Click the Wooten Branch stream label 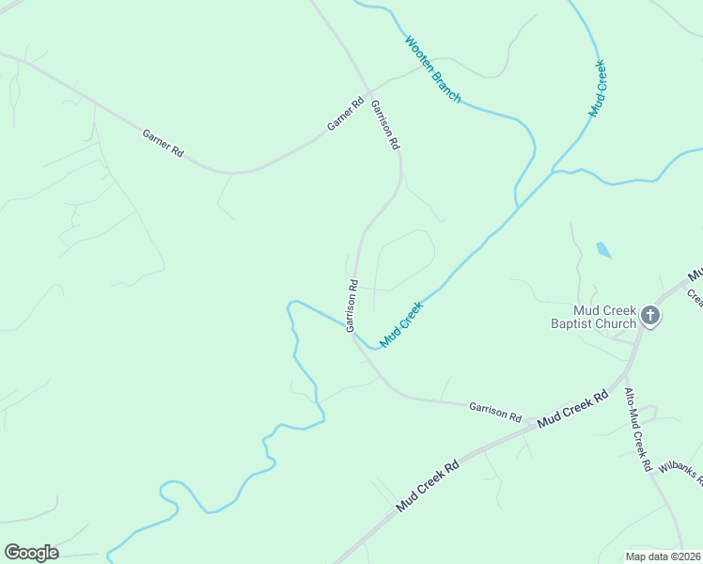pyautogui.click(x=432, y=69)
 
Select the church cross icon pyautogui.click(x=651, y=318)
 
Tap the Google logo pyautogui.click(x=31, y=553)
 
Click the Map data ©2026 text pyautogui.click(x=664, y=556)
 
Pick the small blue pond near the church pyautogui.click(x=602, y=250)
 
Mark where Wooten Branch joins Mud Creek pyautogui.click(x=518, y=206)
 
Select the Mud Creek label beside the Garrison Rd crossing pyautogui.click(x=402, y=322)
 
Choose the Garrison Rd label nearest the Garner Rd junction pyautogui.click(x=385, y=125)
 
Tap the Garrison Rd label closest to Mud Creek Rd pyautogui.click(x=495, y=410)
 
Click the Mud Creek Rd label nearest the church pyautogui.click(x=575, y=410)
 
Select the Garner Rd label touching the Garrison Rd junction pyautogui.click(x=345, y=114)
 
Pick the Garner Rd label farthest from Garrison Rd pyautogui.click(x=163, y=142)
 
